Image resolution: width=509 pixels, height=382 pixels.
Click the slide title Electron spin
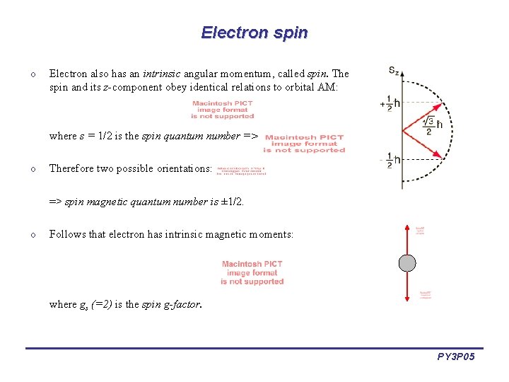(255, 33)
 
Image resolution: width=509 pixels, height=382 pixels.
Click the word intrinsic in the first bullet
(163, 74)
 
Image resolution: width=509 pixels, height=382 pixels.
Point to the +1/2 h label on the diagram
(391, 103)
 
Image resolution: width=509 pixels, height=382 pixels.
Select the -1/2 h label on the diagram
(391, 160)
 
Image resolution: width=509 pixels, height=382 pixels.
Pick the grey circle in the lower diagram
(408, 264)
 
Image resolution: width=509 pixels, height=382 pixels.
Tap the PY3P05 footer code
(456, 357)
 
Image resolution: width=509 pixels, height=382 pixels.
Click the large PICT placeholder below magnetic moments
(252, 272)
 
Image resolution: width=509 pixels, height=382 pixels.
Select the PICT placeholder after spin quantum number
(304, 144)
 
